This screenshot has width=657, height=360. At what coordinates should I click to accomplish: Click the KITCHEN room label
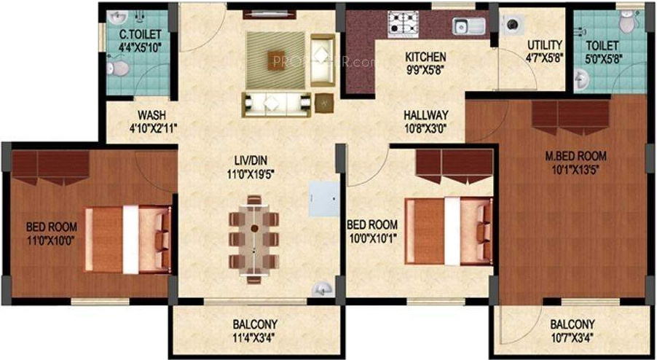tap(425, 57)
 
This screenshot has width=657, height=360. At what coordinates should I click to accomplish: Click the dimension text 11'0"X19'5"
tap(249, 173)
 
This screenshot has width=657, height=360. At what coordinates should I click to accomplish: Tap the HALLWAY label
tap(426, 114)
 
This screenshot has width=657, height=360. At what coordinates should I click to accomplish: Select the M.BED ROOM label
tap(576, 156)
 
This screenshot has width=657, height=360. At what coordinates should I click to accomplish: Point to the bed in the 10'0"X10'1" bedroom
tap(449, 231)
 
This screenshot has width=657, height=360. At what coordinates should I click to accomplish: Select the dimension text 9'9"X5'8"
tap(425, 70)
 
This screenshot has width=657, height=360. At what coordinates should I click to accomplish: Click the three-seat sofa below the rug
tap(277, 103)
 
